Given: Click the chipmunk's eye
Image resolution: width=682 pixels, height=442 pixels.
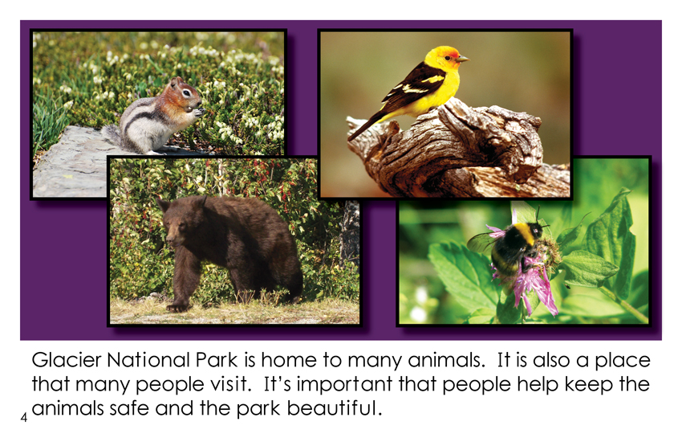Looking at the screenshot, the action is click(187, 92).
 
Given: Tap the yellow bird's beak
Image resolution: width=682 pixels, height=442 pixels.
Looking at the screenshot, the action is click(463, 59).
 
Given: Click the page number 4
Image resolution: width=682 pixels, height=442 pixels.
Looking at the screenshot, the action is click(23, 418).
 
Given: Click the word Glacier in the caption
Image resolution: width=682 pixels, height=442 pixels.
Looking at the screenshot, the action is click(67, 360).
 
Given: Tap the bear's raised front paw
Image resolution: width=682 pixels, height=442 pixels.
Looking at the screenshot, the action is click(178, 307).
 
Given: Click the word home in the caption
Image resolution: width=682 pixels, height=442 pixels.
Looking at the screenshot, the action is click(289, 360).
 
